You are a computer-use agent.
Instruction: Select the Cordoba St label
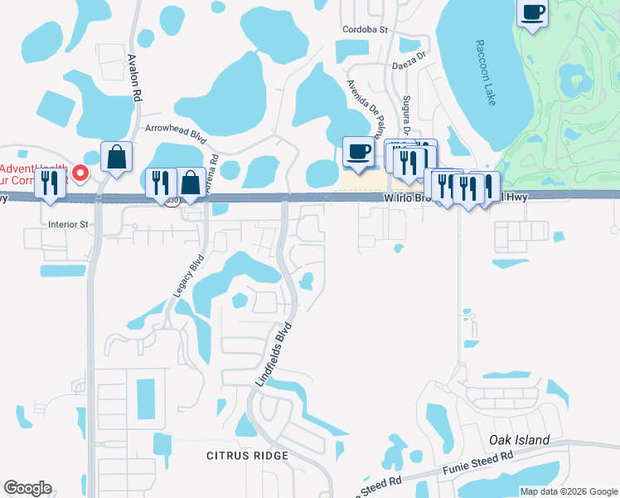366,29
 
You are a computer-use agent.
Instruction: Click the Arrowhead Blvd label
175,129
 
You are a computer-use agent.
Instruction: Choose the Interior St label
67,224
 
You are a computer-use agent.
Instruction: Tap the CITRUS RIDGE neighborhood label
248,456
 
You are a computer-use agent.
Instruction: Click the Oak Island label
519,440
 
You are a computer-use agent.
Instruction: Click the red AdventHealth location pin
80,173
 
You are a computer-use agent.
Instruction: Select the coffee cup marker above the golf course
533,12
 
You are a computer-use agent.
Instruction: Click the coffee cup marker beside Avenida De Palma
358,151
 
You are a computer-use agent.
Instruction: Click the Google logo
27,488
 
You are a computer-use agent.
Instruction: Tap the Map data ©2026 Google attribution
569,491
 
